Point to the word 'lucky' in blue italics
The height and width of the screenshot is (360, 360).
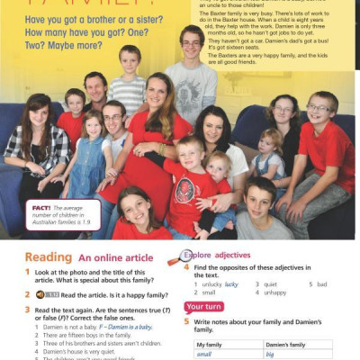[231, 283]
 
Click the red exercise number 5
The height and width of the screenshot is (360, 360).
[187, 320]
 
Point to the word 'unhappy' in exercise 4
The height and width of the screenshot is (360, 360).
[273, 292]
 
